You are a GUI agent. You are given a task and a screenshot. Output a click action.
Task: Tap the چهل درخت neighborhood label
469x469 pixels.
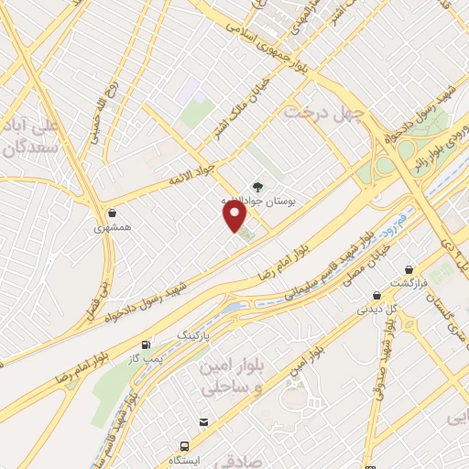(324, 112)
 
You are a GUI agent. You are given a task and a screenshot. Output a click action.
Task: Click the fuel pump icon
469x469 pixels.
(146, 345)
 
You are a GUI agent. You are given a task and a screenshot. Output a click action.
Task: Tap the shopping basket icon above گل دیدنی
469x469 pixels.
(376, 295)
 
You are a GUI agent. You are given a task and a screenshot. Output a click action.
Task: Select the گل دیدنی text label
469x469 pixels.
(378, 310)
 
